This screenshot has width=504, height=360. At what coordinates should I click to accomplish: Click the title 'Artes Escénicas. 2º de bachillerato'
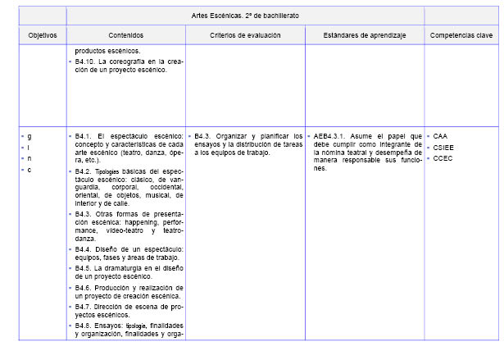tap(245, 16)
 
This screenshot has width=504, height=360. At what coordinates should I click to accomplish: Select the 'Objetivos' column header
tap(43, 36)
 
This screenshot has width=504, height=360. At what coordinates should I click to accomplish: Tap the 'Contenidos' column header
tap(125, 36)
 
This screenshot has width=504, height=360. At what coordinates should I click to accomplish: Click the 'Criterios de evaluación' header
tap(245, 36)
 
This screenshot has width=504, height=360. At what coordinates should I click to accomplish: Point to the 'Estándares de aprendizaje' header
tap(364, 36)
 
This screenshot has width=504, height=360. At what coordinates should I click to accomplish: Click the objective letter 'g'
tap(29, 136)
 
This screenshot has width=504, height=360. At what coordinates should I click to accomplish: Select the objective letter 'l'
tap(29, 148)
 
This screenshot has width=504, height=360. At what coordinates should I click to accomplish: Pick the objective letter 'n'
tap(29, 158)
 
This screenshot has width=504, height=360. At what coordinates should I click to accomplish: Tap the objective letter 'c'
tap(29, 170)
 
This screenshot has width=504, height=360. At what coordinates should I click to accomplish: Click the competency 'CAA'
tap(442, 136)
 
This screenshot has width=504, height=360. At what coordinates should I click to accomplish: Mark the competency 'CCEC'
tap(443, 158)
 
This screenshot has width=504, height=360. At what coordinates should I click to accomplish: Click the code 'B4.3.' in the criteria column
tap(204, 136)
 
